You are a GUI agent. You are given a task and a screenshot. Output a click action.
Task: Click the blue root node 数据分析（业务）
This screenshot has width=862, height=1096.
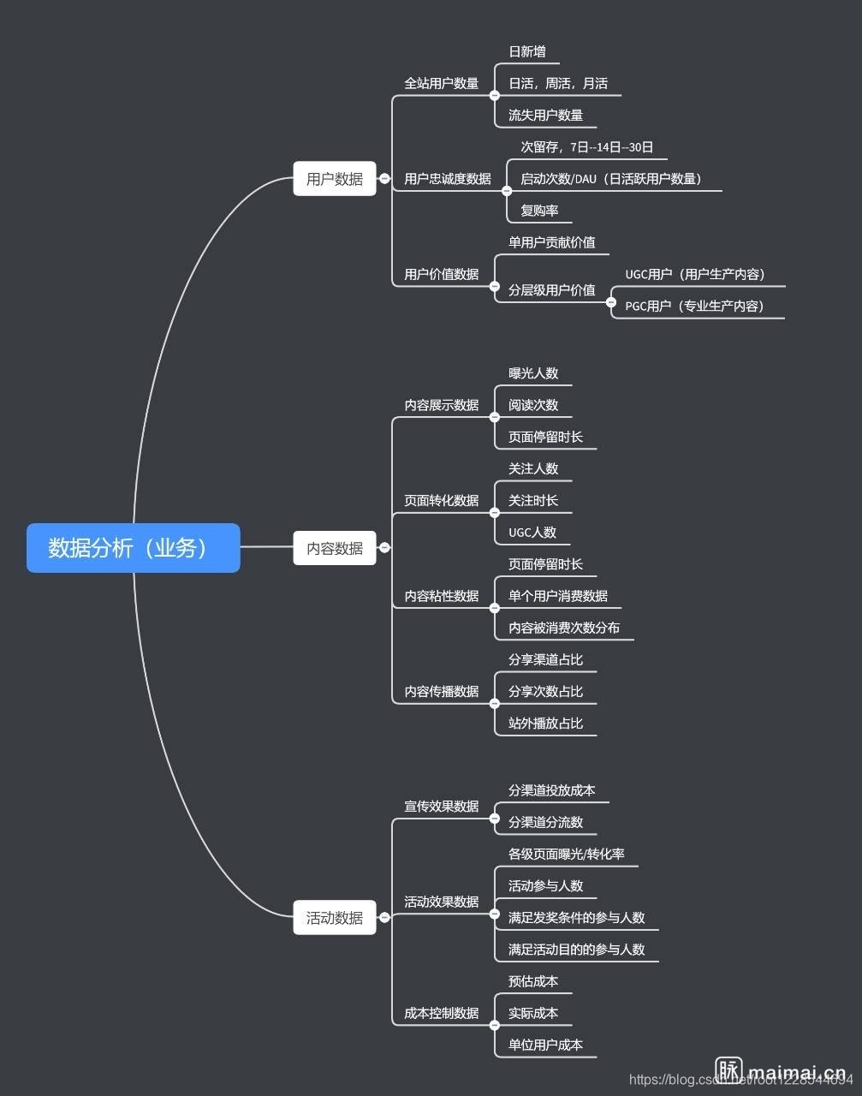click(x=133, y=548)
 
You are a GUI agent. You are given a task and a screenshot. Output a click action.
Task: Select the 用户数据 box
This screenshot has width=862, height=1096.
click(x=335, y=179)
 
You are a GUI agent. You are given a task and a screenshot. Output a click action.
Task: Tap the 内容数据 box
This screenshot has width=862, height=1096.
click(x=335, y=548)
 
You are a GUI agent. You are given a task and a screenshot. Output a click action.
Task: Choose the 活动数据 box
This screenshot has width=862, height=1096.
click(x=335, y=918)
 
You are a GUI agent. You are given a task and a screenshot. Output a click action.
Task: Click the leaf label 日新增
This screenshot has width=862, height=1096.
click(x=527, y=51)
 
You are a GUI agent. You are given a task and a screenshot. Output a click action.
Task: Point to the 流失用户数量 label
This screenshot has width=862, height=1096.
click(x=545, y=115)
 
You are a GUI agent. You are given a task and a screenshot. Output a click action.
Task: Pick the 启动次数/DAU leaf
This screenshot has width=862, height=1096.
click(x=611, y=179)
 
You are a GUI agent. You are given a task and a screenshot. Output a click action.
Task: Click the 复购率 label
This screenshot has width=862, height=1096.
click(x=539, y=211)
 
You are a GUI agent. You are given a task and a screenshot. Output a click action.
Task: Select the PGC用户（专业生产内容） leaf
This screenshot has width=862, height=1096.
click(x=694, y=306)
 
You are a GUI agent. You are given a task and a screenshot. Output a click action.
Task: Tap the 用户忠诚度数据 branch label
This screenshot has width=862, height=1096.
click(x=448, y=179)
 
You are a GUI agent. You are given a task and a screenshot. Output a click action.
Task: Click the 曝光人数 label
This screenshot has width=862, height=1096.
click(x=533, y=373)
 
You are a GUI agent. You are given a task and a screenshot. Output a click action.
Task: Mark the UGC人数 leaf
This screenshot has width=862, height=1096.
click(x=532, y=533)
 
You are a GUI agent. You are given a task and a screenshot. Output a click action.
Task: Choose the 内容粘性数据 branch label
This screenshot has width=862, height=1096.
click(x=442, y=596)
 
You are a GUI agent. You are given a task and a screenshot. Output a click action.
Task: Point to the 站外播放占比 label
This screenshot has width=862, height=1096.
click(x=545, y=724)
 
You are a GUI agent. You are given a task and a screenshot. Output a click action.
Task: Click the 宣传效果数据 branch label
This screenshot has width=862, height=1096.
click(x=442, y=807)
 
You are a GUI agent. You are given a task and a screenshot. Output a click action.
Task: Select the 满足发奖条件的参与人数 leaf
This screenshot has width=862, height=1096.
click(x=576, y=918)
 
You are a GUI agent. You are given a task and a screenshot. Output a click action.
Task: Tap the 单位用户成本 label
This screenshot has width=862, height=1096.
click(x=545, y=1045)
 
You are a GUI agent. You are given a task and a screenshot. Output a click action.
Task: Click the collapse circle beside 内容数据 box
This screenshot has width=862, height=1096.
click(x=384, y=547)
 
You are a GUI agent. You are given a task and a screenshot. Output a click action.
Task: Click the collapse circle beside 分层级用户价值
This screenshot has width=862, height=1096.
click(x=610, y=302)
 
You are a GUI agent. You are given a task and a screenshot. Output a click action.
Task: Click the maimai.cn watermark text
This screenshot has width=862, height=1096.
click(x=796, y=1073)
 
